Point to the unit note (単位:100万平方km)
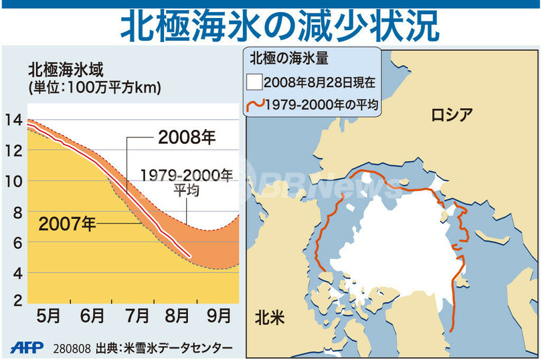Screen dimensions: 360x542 (x=94, y=86)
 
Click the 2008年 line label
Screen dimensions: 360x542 (x=187, y=138)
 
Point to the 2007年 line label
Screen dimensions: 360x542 (x=67, y=223)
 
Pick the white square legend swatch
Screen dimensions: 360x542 (x=254, y=83)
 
